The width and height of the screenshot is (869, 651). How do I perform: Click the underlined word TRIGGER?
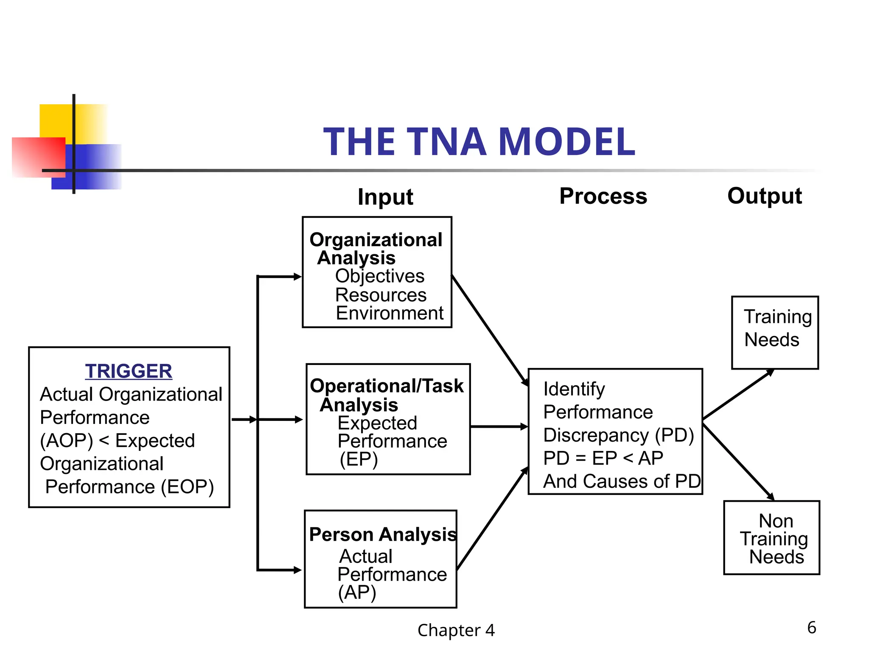129,371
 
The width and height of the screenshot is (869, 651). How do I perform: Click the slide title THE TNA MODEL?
479,142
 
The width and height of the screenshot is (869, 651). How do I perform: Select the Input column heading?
385,197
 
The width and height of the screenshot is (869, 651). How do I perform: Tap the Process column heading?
603,196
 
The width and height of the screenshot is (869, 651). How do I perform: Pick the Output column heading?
764,196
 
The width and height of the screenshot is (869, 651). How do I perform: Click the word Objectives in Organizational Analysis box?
380,276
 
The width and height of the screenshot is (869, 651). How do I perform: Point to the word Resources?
381,295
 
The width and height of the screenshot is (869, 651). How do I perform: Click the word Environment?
390,314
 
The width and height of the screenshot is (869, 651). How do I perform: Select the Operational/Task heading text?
387,386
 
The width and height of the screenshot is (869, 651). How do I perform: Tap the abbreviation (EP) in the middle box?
359,459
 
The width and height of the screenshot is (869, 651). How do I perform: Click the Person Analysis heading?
383,534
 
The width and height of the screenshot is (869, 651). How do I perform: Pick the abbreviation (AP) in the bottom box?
357,593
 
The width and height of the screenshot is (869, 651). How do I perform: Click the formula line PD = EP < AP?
603,459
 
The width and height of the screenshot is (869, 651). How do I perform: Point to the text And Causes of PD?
622,481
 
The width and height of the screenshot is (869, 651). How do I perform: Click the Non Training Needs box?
771,538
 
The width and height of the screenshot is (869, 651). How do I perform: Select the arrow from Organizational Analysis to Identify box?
489,330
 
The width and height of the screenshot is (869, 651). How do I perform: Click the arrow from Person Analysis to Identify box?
492,518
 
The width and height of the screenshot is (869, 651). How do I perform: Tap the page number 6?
811,628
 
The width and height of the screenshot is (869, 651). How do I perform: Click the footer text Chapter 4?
456,631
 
